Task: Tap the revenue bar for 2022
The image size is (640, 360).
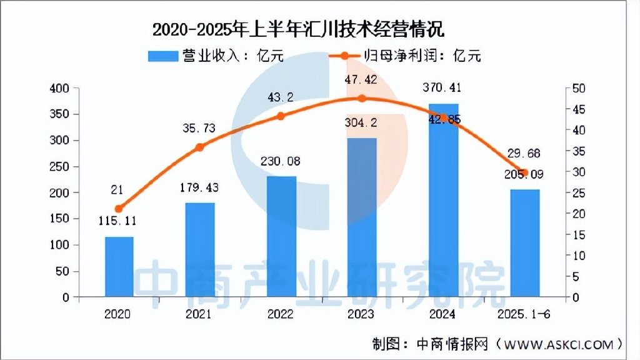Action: click(281, 237)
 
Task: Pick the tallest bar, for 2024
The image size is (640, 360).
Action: click(443, 200)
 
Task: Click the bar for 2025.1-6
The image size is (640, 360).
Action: click(524, 243)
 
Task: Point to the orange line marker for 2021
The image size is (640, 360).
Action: click(200, 147)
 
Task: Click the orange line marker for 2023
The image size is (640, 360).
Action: click(362, 98)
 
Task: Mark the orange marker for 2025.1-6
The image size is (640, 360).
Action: click(524, 172)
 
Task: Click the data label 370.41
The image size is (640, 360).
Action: click(443, 87)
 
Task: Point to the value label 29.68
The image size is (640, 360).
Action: click(524, 154)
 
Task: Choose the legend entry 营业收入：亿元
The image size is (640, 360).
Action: click(216, 56)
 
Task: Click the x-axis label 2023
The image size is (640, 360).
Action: click(362, 313)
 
